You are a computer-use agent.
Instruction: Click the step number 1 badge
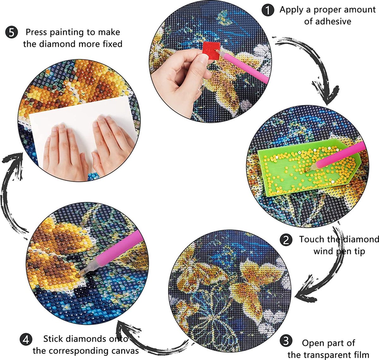268,10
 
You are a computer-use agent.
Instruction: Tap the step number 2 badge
286,240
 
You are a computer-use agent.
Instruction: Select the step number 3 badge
286,341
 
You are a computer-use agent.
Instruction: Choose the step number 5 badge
11,32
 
